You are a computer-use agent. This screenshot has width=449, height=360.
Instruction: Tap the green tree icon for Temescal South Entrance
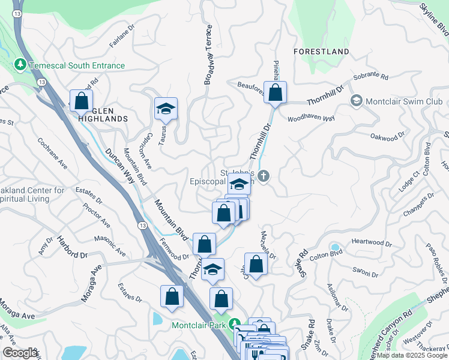[x=20, y=64]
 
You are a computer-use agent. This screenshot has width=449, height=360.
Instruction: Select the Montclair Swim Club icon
[x=357, y=101]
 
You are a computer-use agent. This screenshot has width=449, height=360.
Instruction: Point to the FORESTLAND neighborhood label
[x=321, y=52]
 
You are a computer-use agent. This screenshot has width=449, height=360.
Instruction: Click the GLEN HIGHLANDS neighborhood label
[x=102, y=119]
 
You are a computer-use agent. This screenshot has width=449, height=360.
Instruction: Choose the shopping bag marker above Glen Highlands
[x=81, y=100]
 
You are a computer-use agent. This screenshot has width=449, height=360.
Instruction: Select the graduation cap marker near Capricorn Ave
[x=166, y=108]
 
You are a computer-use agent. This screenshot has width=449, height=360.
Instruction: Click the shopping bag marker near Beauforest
[x=276, y=92]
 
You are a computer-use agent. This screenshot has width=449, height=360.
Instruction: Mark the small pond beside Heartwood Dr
[x=334, y=247]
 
